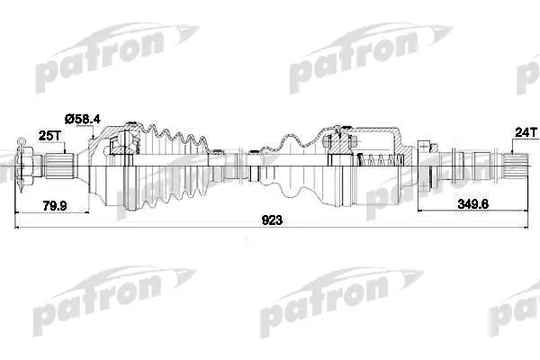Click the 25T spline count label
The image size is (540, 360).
49,136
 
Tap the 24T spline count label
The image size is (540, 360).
526,132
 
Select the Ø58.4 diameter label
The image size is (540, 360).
83,119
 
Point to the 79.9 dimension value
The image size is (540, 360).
55,206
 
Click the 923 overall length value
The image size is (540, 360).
272,220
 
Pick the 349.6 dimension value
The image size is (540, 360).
473,204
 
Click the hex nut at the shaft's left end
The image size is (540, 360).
25,166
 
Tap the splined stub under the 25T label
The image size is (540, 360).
59,166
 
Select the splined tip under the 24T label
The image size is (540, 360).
515,166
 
